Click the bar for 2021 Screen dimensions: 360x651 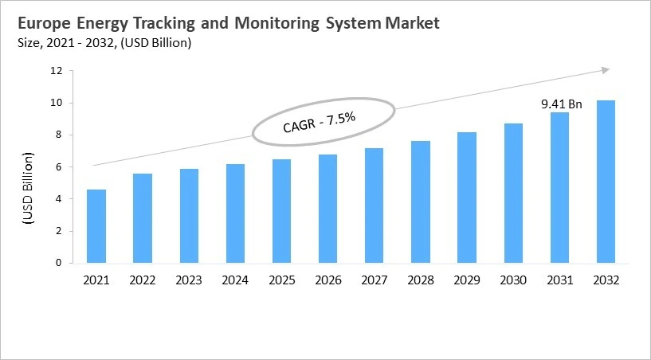tap(96, 226)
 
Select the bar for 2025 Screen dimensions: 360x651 tap(281, 211)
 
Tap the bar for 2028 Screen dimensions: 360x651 tap(420, 202)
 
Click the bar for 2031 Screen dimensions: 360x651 tap(559, 188)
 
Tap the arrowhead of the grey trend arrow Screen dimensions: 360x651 tap(605, 71)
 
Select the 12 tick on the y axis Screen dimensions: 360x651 tap(56, 71)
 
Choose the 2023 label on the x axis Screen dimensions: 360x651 tap(189, 280)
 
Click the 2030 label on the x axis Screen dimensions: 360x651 tap(512, 280)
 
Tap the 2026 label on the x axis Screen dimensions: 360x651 tap(327, 280)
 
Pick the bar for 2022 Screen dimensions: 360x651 tap(143, 218)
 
